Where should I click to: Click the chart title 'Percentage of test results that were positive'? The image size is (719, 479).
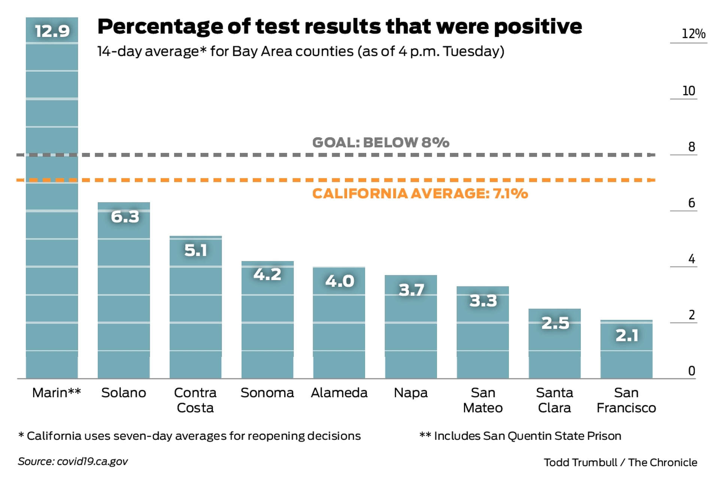pyautogui.click(x=339, y=27)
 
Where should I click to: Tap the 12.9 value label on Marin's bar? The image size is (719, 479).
pyautogui.click(x=52, y=31)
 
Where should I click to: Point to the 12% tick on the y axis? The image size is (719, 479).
pyautogui.click(x=693, y=34)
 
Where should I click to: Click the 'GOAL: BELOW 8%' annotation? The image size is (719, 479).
pyautogui.click(x=380, y=143)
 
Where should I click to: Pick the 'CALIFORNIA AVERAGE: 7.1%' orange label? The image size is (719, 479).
pyautogui.click(x=420, y=193)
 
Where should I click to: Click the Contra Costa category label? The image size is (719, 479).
pyautogui.click(x=195, y=400)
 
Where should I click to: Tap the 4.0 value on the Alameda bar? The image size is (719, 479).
pyautogui.click(x=339, y=281)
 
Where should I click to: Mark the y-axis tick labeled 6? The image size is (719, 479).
pyautogui.click(x=691, y=203)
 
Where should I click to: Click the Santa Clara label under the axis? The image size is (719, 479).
pyautogui.click(x=554, y=400)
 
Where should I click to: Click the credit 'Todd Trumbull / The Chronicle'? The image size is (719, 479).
pyautogui.click(x=620, y=463)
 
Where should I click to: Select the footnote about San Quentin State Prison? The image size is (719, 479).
pyautogui.click(x=520, y=436)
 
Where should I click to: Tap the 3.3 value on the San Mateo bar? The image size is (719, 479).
pyautogui.click(x=483, y=301)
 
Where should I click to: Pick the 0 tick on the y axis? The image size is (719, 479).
pyautogui.click(x=691, y=371)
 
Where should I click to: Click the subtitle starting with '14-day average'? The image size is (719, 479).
pyautogui.click(x=301, y=51)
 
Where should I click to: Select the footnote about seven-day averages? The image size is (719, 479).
pyautogui.click(x=189, y=436)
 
